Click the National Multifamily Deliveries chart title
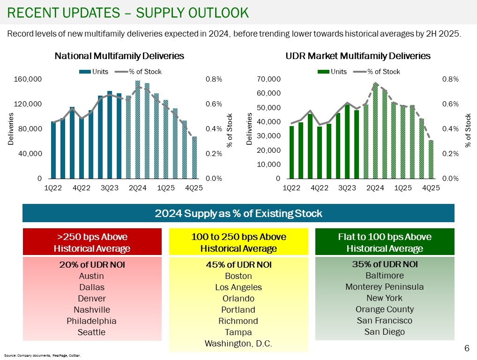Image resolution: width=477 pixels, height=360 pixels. click(x=119, y=56)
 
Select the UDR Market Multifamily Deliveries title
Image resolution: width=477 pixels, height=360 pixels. click(x=358, y=56)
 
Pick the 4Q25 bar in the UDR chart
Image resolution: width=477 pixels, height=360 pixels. click(x=431, y=159)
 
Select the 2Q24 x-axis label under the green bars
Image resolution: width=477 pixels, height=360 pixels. click(x=375, y=188)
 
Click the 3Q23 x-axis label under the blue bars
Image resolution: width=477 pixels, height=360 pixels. click(x=110, y=188)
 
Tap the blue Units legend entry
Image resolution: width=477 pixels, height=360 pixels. click(x=94, y=71)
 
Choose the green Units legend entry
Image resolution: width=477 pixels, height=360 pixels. click(x=333, y=71)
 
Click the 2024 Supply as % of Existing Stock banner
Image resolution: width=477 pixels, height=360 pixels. click(x=238, y=213)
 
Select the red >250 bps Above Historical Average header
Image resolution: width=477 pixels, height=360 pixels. click(x=92, y=242)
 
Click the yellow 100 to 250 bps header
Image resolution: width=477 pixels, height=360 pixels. click(x=238, y=242)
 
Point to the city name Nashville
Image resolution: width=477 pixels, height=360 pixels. click(x=92, y=309)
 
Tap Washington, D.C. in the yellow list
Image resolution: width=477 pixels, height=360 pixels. click(x=238, y=344)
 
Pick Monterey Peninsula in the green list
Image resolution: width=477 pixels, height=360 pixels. click(x=384, y=286)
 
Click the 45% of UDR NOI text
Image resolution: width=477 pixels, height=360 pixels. click(x=238, y=264)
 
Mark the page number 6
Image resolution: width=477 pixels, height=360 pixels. click(x=467, y=348)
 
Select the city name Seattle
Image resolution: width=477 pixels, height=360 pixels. click(x=92, y=332)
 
